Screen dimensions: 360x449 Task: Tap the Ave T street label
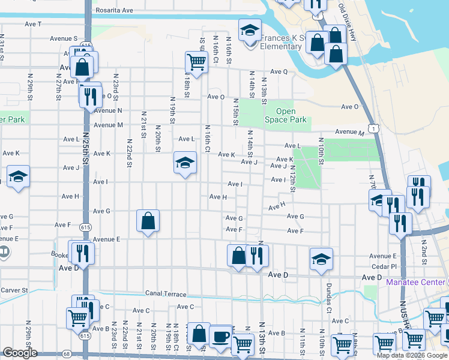[x=34, y=24]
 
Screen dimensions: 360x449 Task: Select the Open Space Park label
[x=291, y=115]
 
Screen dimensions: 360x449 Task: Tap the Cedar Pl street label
[x=385, y=266]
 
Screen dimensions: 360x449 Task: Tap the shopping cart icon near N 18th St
[x=196, y=61]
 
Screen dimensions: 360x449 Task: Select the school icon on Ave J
[x=185, y=162]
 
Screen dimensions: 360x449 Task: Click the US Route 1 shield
[x=375, y=128]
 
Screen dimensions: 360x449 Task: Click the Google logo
[x=20, y=353]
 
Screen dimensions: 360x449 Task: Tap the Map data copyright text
[x=412, y=355]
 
